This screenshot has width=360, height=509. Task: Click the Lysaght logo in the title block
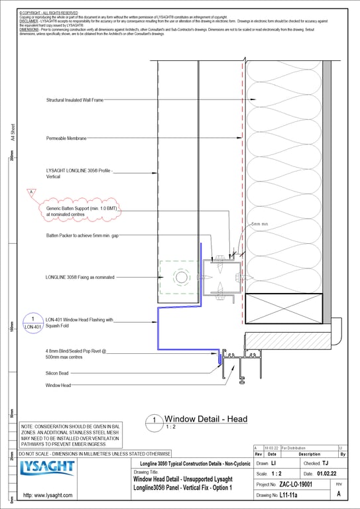click(48, 469)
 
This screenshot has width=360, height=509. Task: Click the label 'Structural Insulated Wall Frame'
click(74, 101)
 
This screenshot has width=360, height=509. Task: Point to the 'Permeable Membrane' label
click(66, 139)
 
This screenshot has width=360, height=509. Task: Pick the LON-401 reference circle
click(33, 323)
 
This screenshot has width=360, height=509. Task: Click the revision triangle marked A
click(30, 192)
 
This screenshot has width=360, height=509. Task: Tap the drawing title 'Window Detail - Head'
click(206, 419)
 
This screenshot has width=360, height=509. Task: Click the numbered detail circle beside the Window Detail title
click(153, 420)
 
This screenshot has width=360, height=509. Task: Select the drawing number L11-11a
click(288, 495)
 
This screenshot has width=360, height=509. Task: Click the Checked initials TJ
click(325, 463)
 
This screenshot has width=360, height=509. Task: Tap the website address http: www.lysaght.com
click(47, 495)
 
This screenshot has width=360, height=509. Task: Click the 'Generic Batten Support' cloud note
click(82, 210)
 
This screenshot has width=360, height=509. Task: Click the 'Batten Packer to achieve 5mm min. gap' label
click(83, 235)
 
